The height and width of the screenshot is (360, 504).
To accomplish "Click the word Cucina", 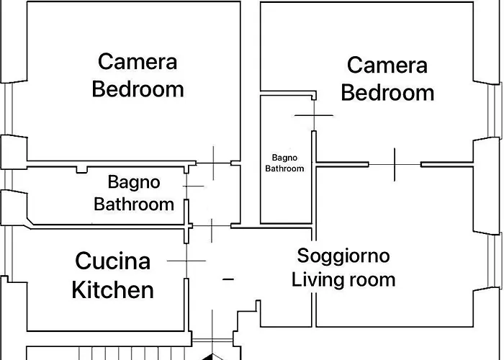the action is point(113,261).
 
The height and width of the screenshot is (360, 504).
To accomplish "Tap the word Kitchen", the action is point(113,289).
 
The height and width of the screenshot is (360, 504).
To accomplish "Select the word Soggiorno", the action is point(343,256).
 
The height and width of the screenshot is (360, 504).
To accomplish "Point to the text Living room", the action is point(343,279).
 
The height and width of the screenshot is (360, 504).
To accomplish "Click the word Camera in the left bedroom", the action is point(138,62).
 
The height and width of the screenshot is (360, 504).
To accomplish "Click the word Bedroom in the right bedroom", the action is point(387,93).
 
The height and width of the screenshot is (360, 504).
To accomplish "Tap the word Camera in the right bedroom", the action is point(387,65).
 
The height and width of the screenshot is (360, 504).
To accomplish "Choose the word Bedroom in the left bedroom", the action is point(138,89).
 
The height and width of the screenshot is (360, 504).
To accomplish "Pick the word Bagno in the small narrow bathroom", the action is point(285,158).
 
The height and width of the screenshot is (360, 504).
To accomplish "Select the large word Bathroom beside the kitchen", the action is point(134,204).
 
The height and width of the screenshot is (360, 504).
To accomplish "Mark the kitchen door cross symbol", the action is point(186,261).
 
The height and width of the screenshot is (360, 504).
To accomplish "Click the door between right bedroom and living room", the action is point(395,165).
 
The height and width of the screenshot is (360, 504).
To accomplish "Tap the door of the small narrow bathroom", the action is point(314,115).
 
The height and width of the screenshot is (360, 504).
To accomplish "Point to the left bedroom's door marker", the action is point(213,163).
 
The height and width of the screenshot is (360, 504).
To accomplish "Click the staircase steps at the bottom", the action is point(132,353).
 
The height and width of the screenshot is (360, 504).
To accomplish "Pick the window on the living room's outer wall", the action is point(495,261).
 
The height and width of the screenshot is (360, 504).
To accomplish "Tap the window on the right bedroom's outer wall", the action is point(495,111).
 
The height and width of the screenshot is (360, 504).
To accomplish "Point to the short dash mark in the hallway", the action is point(228,279).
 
